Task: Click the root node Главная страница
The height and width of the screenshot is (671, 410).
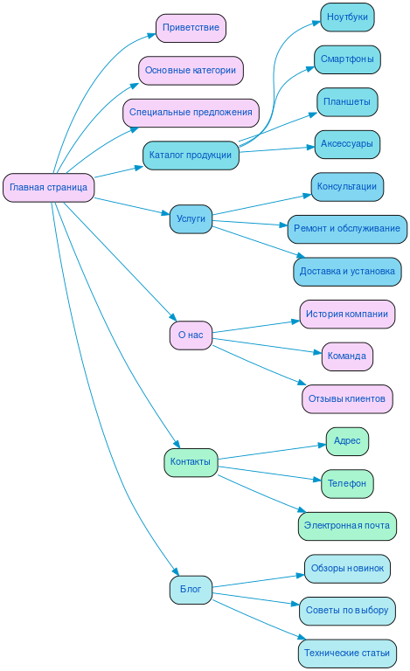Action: coord(48,188)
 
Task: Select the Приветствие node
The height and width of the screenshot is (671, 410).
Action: coord(191,28)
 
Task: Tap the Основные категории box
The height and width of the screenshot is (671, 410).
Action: coord(191,70)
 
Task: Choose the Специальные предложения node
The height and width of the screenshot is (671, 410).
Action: coord(191,113)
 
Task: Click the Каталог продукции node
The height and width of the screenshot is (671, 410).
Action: coord(191,156)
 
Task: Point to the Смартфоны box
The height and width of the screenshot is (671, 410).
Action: coord(347,59)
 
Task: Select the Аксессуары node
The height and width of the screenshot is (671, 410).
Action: coord(347,144)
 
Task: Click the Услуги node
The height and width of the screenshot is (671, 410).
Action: coord(191,219)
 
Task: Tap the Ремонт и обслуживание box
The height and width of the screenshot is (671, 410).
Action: coord(347,229)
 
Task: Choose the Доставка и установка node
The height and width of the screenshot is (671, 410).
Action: coord(347,272)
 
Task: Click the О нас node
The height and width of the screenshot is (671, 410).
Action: coord(191,335)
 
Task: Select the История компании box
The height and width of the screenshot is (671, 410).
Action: coord(347,314)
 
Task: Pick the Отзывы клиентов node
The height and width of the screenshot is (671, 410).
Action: coord(347,399)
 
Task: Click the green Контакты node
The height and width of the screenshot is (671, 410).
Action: coord(191,462)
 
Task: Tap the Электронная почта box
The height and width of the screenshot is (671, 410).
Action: coord(347,526)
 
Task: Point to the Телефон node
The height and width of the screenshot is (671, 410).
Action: coord(347,483)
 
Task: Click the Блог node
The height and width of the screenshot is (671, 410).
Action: coord(191,590)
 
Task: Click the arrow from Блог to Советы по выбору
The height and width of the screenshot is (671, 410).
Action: coord(258,600)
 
